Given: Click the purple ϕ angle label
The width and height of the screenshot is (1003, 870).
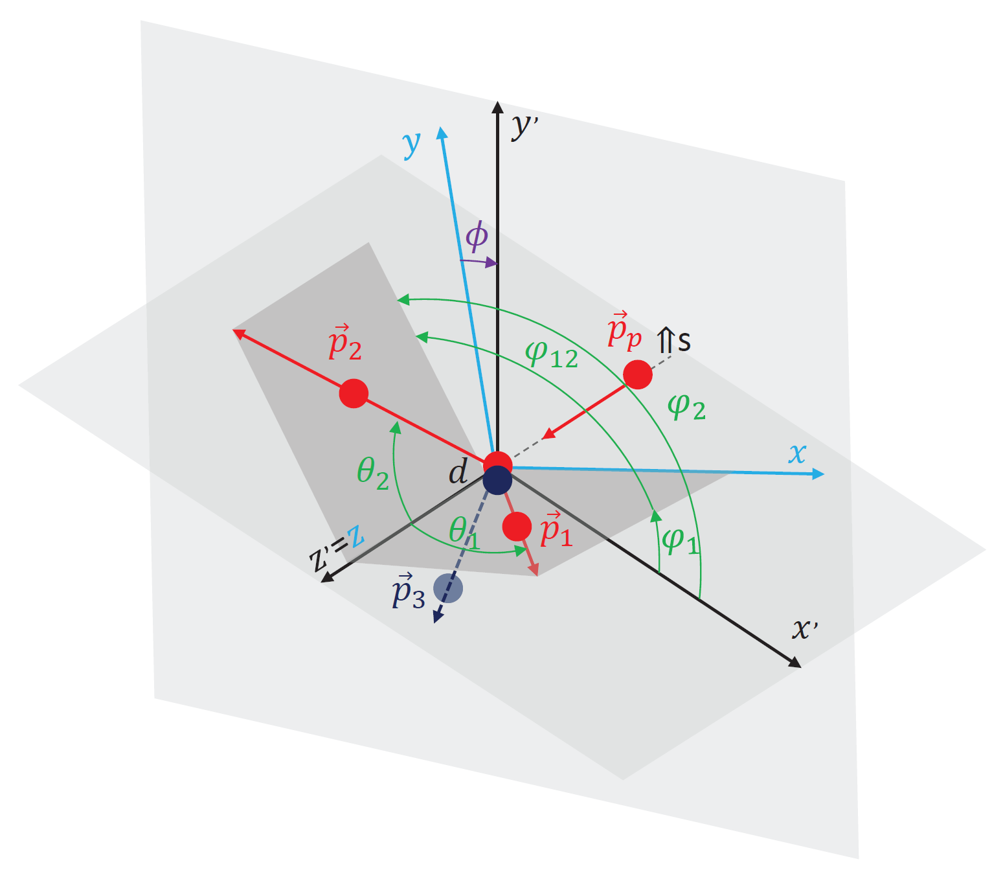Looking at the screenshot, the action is click(x=477, y=236).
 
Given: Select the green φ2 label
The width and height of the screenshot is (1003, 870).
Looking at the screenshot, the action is click(x=686, y=406).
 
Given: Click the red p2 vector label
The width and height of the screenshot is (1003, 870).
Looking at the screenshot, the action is click(x=345, y=341).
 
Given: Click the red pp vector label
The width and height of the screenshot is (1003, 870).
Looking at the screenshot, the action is click(x=624, y=330).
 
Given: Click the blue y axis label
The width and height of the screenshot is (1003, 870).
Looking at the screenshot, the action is click(x=411, y=144).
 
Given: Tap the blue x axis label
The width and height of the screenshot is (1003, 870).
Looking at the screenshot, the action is click(x=797, y=453).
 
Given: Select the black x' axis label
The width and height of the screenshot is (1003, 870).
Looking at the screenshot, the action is click(x=805, y=629).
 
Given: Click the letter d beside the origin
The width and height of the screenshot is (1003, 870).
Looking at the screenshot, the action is click(x=458, y=471).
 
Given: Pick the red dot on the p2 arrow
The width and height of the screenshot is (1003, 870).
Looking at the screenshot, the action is click(x=354, y=393).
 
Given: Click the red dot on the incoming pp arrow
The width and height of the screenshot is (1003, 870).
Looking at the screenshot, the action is click(x=638, y=374).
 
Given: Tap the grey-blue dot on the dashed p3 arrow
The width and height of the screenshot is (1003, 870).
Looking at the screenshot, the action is click(x=448, y=588).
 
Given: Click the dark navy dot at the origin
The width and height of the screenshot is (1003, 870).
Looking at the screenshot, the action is click(x=497, y=480).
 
